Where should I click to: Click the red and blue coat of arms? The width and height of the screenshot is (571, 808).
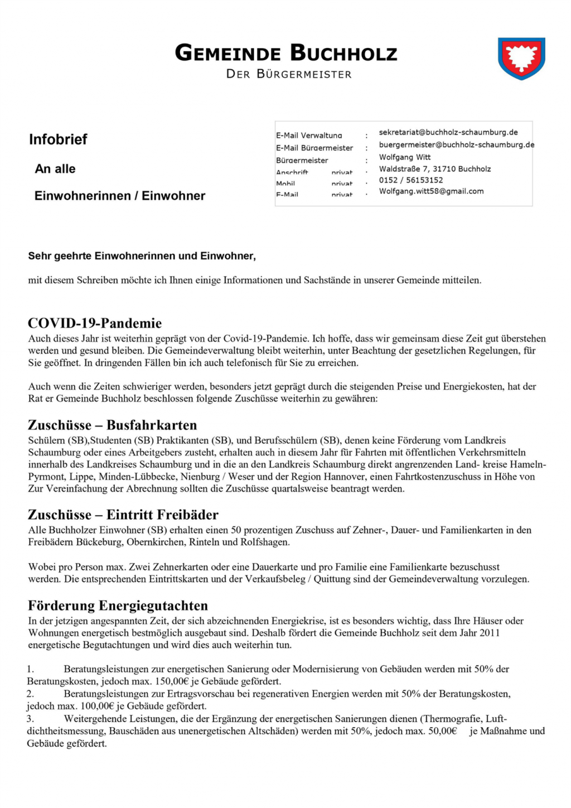pyautogui.click(x=521, y=58)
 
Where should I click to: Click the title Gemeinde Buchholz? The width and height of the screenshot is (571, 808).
pyautogui.click(x=286, y=53)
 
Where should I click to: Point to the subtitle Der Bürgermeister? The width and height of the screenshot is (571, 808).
pyautogui.click(x=289, y=74)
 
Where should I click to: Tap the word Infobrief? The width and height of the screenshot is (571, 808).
pyautogui.click(x=58, y=139)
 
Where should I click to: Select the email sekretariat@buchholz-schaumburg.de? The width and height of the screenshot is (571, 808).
pyautogui.click(x=448, y=133)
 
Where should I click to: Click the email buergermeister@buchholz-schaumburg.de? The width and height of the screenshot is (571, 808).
pyautogui.click(x=456, y=145)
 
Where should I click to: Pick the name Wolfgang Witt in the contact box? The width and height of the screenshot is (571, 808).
pyautogui.click(x=405, y=157)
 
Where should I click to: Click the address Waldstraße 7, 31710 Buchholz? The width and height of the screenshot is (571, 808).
pyautogui.click(x=435, y=169)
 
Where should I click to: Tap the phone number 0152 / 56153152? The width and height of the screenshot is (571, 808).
pyautogui.click(x=411, y=180)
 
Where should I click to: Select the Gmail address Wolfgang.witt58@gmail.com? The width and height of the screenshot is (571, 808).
pyautogui.click(x=432, y=191)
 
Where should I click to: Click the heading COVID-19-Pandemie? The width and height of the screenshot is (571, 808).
pyautogui.click(x=95, y=323)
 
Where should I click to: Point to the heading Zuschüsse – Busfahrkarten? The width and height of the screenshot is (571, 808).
pyautogui.click(x=113, y=425)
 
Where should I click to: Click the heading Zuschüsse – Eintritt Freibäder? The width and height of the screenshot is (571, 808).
pyautogui.click(x=123, y=515)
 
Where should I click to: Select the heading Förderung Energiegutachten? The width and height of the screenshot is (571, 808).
pyautogui.click(x=118, y=606)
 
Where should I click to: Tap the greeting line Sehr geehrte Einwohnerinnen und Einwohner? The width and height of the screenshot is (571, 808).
pyautogui.click(x=142, y=256)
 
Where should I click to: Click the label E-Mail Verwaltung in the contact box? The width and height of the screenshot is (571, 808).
pyautogui.click(x=309, y=136)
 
